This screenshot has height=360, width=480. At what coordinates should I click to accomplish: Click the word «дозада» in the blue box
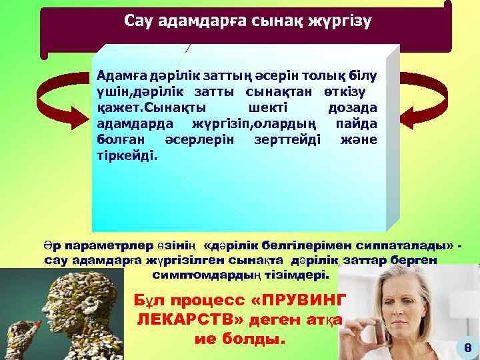[353, 107]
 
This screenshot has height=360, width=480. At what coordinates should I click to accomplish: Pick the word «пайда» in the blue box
[357, 123]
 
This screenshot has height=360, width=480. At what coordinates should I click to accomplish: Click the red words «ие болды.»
[239, 339]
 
